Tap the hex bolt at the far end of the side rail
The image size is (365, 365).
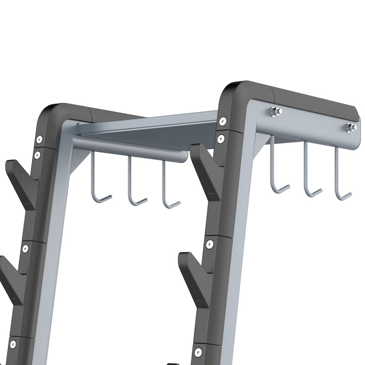[350, 127]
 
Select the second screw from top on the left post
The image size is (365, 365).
[37, 155]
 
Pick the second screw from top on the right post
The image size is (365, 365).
[221, 137]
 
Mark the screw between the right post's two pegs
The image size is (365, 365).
[209, 244]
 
